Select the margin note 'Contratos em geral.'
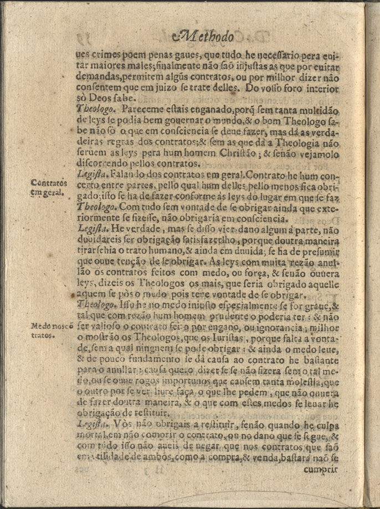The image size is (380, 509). (x=49, y=187)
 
